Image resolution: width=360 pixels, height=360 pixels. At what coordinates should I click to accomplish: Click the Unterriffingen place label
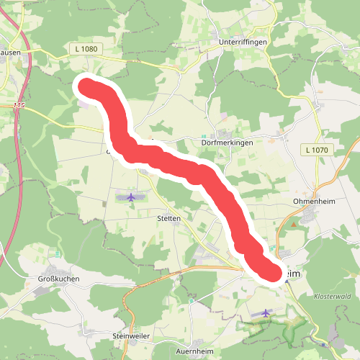pyautogui.click(x=243, y=42)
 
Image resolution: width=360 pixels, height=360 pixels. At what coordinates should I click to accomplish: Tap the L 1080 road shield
pyautogui.click(x=85, y=49)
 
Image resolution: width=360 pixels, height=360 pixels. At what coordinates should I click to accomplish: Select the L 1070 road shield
pyautogui.click(x=316, y=150)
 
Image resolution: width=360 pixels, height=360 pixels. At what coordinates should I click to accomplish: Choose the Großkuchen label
pyautogui.click(x=58, y=279)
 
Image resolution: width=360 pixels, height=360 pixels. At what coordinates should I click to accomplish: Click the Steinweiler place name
pyautogui.click(x=130, y=336)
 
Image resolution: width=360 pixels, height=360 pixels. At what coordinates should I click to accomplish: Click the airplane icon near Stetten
pyautogui.click(x=130, y=197)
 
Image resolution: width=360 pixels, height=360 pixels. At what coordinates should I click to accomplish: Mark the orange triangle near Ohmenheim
pyautogui.click(x=293, y=225)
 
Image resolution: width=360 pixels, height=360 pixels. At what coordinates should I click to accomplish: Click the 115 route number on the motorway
pyautogui.click(x=19, y=107)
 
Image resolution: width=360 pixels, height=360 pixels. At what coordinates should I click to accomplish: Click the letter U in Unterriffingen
pyautogui.click(x=220, y=42)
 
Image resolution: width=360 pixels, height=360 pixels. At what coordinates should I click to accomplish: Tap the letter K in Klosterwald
pyautogui.click(x=317, y=297)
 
